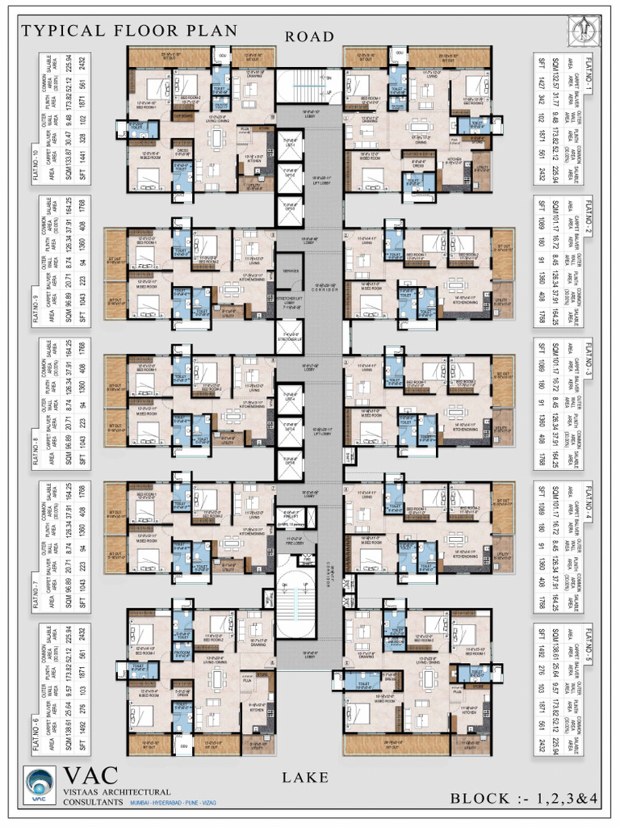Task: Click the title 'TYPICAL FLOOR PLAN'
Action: click(x=129, y=31)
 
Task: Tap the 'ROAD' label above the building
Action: click(x=309, y=36)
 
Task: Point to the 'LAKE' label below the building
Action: click(x=305, y=778)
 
